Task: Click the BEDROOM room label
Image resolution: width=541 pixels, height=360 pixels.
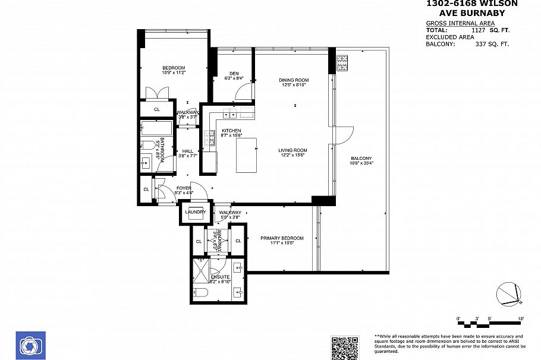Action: [x=174, y=67]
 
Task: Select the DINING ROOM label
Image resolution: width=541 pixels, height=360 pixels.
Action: [x=294, y=80]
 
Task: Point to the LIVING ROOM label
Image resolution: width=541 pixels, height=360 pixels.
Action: [x=292, y=150]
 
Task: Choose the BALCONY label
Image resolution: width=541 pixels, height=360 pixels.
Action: [x=361, y=158]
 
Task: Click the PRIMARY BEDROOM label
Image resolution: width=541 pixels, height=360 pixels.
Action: [x=282, y=238]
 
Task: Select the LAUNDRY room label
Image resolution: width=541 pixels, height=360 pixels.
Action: [x=195, y=212]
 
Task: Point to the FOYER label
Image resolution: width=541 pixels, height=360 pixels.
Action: [x=184, y=188]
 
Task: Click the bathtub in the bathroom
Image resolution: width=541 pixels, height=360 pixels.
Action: [x=156, y=128]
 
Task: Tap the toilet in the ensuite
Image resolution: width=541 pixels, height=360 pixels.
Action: [x=200, y=293]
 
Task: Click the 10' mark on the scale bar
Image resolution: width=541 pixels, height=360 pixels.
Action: [x=520, y=319]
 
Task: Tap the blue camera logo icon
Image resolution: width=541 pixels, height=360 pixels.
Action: [x=30, y=346]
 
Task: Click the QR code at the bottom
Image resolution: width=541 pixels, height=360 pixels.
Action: [x=345, y=348]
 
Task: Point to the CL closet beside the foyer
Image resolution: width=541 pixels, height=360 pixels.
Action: [x=146, y=190]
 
